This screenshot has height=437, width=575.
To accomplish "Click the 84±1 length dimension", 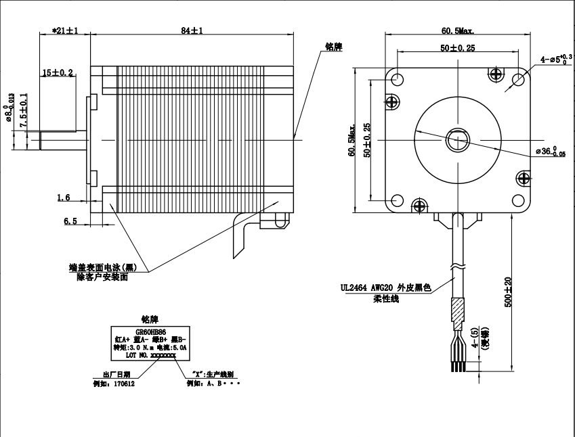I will click(192, 30).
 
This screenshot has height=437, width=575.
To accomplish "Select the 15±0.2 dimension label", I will click(58, 72).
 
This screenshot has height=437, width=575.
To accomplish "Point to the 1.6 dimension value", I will click(64, 198).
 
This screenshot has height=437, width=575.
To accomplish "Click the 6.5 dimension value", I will click(70, 221).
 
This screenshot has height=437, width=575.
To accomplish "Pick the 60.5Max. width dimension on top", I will click(458, 30).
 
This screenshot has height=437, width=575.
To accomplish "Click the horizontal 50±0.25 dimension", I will click(457, 48).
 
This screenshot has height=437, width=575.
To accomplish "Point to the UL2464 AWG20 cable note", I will click(386, 287).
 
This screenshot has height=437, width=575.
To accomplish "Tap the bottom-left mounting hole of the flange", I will click(396, 200).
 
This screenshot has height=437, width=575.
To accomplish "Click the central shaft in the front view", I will click(457, 140).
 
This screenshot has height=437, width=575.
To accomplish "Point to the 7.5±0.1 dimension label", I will click(24, 112).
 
